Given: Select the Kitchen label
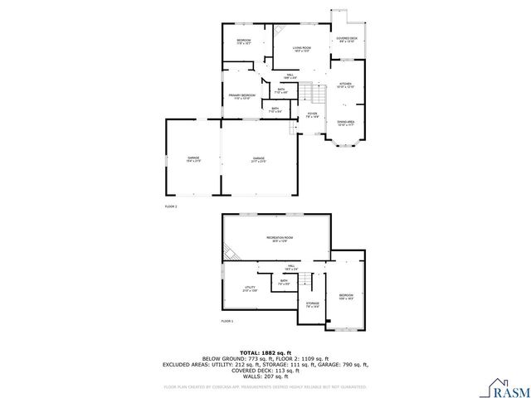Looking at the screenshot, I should point(345,85).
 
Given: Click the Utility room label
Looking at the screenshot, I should point(249,289).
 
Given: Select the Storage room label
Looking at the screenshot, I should point(312,304).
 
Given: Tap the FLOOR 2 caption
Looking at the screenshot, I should point(171,205).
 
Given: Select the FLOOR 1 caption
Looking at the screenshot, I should point(227,321).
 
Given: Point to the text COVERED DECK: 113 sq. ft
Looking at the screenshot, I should point(265,371).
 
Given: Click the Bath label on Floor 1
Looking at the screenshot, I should point(284,282).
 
